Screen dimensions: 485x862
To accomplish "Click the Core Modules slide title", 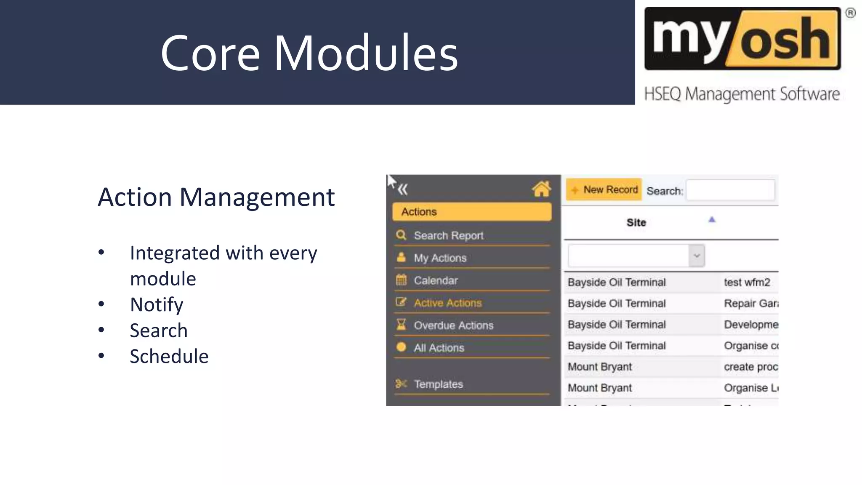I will (309, 53).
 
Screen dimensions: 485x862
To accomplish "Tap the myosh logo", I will (742, 39).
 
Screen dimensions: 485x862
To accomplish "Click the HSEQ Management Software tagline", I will (742, 93).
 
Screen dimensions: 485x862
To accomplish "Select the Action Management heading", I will (216, 197).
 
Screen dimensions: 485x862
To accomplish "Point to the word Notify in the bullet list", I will (157, 304).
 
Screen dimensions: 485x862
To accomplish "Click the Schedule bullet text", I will (169, 356).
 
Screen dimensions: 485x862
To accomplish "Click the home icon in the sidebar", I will (541, 189).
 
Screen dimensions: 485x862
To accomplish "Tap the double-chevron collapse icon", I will (403, 189).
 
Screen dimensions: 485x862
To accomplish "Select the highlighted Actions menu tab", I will (471, 212).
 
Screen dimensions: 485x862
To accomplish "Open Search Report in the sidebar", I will (448, 235).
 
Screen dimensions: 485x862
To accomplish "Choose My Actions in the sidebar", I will (440, 258).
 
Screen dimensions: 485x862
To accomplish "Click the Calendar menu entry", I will (435, 280).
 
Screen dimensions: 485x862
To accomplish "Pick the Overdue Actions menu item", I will (453, 325).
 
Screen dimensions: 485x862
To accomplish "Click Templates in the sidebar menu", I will (438, 384).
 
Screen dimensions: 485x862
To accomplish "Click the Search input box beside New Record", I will (730, 190).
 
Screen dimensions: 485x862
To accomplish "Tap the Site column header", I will (636, 222).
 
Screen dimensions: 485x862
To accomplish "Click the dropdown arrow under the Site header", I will (697, 256).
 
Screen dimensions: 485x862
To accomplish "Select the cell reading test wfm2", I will (747, 282).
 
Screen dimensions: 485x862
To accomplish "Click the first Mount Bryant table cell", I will (600, 367).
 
